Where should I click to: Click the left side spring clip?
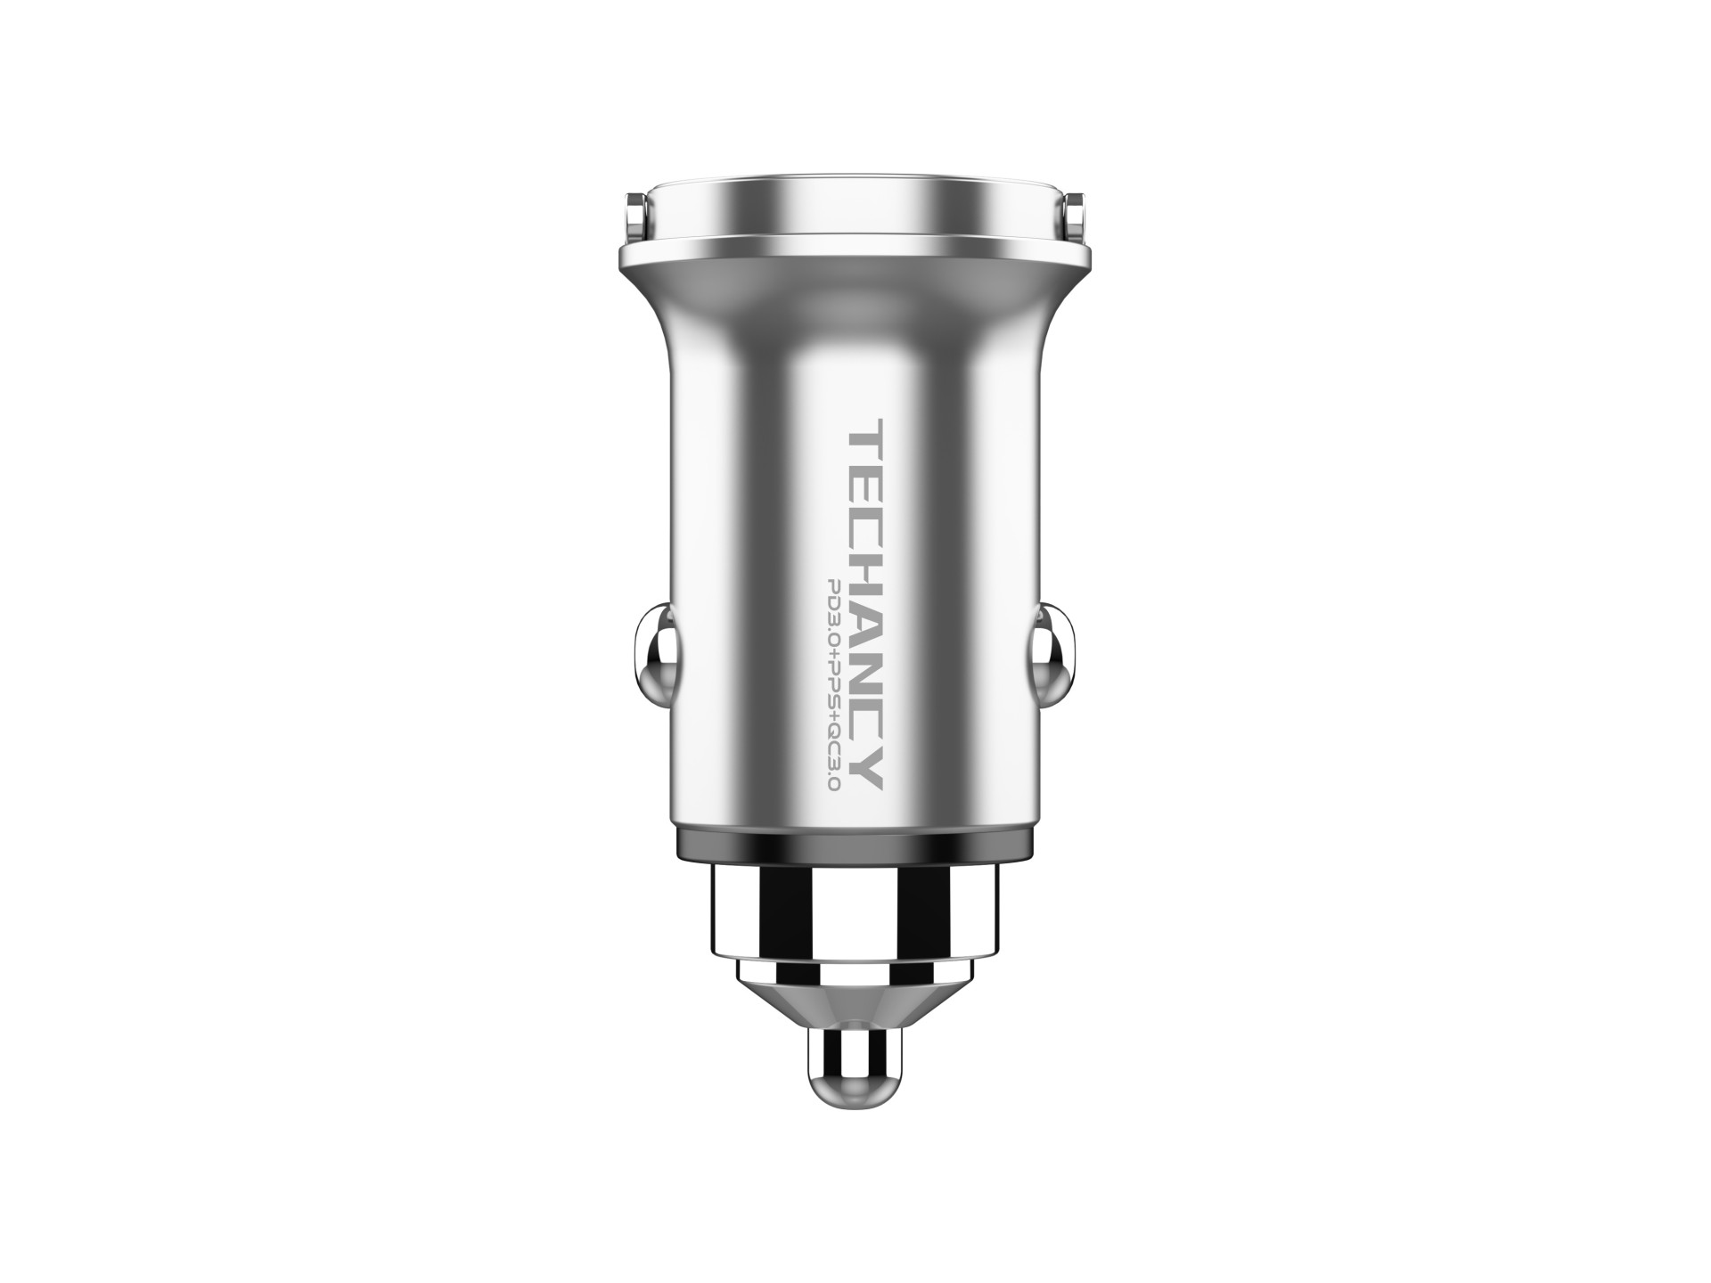pyautogui.click(x=655, y=642)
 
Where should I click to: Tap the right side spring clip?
pyautogui.click(x=1056, y=642)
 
